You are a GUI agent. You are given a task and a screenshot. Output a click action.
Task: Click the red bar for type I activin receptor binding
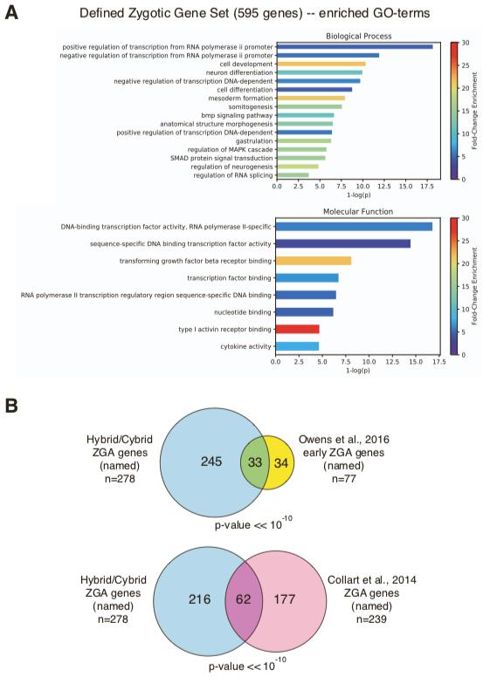click(x=297, y=329)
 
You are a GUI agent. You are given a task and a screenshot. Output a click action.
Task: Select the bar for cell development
click(x=321, y=64)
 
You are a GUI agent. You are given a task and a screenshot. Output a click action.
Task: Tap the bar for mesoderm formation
click(x=311, y=99)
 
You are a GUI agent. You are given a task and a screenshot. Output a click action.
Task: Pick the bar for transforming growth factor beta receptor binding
click(x=314, y=261)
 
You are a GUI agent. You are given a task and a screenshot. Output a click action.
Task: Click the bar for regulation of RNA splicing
click(x=293, y=175)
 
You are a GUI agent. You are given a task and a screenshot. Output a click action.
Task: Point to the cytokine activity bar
click(x=297, y=346)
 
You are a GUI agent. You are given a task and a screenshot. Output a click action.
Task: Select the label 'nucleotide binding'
click(x=243, y=312)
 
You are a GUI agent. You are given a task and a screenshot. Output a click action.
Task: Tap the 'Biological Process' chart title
click(x=359, y=36)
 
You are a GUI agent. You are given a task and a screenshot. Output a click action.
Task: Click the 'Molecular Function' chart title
click(x=358, y=211)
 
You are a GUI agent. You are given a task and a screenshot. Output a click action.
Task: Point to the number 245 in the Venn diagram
click(x=211, y=462)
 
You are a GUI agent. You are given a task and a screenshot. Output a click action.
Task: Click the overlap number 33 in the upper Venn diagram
click(x=255, y=462)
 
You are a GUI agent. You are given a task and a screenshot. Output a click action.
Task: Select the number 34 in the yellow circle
click(x=281, y=462)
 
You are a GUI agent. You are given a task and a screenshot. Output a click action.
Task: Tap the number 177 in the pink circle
click(x=285, y=599)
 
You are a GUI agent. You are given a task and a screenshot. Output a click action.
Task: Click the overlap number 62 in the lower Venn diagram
click(x=243, y=599)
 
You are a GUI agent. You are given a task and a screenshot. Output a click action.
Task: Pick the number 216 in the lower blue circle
click(x=199, y=599)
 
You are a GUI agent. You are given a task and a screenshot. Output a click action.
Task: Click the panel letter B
click(x=11, y=406)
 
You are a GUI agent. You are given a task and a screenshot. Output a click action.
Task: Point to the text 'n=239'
click(x=371, y=619)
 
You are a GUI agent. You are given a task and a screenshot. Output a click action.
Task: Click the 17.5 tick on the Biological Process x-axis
click(x=427, y=187)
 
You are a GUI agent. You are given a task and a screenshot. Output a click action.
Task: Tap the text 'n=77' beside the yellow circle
click(x=343, y=479)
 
